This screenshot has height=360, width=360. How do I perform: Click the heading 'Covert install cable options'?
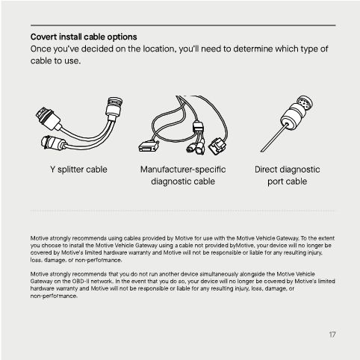[84, 36]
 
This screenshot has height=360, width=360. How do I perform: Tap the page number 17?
[332, 334]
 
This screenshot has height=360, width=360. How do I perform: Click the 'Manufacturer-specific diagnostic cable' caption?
[182, 175]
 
